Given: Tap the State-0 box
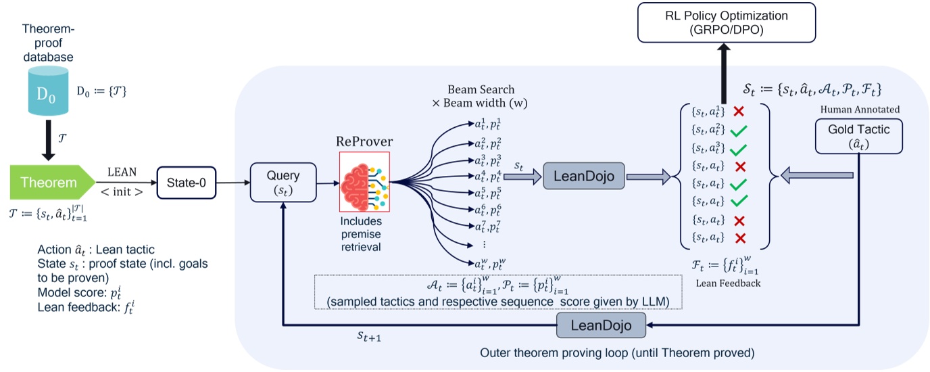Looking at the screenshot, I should (182, 183).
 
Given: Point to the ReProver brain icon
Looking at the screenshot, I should (364, 181).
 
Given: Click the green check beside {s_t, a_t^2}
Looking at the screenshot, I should (738, 129).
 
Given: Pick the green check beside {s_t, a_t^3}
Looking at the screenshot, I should (738, 147).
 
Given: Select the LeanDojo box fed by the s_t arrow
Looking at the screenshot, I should (585, 177).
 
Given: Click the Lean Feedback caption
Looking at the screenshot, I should (728, 283).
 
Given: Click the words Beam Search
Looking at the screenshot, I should (481, 90).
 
